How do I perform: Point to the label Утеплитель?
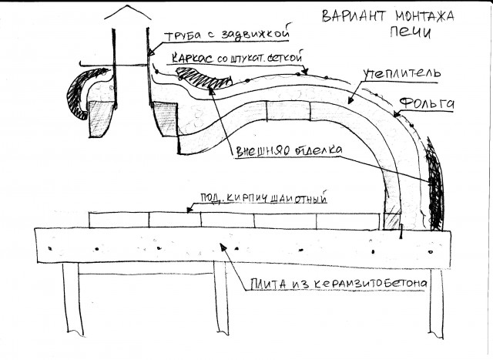(401, 75)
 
